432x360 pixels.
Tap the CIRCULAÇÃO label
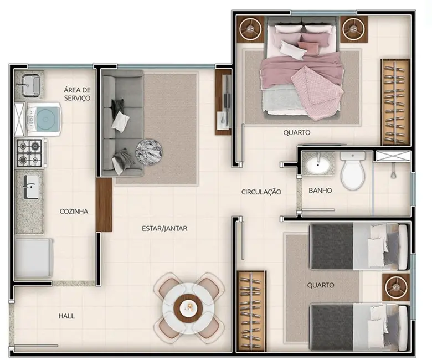[261, 192]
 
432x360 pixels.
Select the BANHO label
[320, 191]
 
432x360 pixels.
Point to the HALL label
[66, 316]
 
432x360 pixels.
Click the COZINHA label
[74, 211]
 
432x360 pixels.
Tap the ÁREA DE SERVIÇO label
[77, 94]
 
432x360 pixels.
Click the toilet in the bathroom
[352, 171]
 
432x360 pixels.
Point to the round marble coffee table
[150, 150]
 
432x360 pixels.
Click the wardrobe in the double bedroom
[394, 101]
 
